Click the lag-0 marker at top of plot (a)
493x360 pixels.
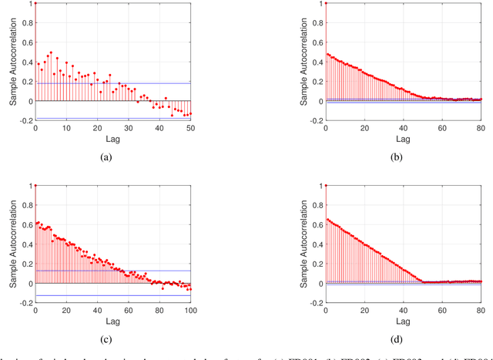click(35, 3)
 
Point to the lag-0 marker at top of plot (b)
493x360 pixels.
click(326, 3)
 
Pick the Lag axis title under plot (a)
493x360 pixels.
click(112, 139)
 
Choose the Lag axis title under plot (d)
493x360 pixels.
click(403, 321)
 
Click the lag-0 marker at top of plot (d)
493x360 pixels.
click(326, 186)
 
